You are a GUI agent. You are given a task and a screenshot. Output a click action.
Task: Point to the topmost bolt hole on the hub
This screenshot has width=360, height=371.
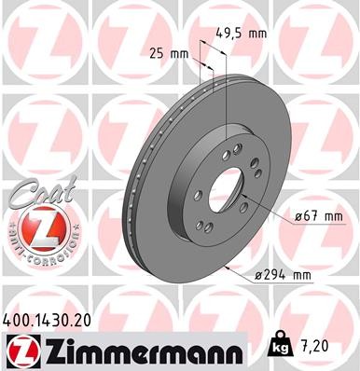237,148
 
